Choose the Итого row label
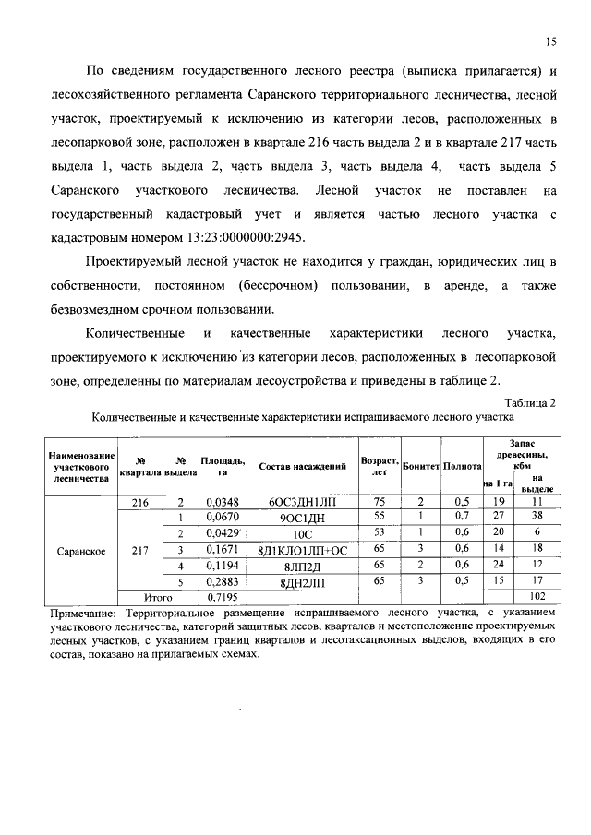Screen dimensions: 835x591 [x=159, y=597]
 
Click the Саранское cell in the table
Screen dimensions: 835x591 [x=83, y=550]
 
